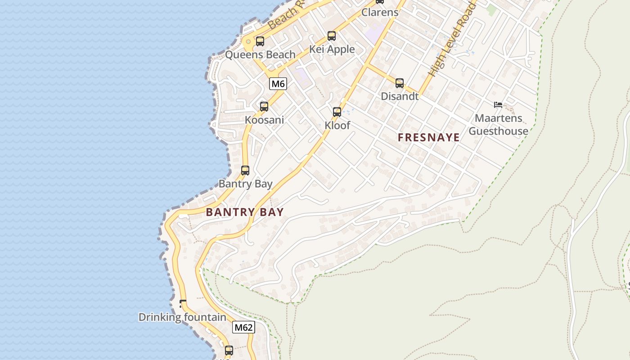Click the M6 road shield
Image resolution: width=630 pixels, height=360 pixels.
click(278, 83)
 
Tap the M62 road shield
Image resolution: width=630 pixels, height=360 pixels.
click(243, 327)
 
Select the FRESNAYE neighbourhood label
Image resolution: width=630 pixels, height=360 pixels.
click(429, 138)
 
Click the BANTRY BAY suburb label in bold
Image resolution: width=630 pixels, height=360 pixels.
click(245, 212)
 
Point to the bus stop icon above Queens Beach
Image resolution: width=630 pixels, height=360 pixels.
click(260, 41)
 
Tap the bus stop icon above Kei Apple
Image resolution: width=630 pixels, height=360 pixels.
click(332, 36)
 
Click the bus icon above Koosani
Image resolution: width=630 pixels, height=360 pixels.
click(264, 107)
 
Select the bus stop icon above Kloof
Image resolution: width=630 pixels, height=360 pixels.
click(337, 112)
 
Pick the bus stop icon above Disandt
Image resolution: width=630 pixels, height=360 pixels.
click(400, 83)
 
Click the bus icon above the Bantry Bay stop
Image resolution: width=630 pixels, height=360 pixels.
click(245, 171)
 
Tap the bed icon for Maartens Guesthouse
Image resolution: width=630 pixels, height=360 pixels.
click(498, 105)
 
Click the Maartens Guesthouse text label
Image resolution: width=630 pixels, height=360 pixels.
click(499, 125)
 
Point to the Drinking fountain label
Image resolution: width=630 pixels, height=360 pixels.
click(182, 317)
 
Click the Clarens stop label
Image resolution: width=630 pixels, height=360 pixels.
click(380, 12)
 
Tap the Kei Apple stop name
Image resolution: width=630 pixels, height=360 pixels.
click(332, 49)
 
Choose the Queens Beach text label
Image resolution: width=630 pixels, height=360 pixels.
click(260, 55)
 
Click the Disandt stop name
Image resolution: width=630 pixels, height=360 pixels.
click(400, 96)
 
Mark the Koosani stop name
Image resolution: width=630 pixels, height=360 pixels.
click(264, 120)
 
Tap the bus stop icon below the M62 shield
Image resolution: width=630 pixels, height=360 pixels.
click(229, 350)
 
